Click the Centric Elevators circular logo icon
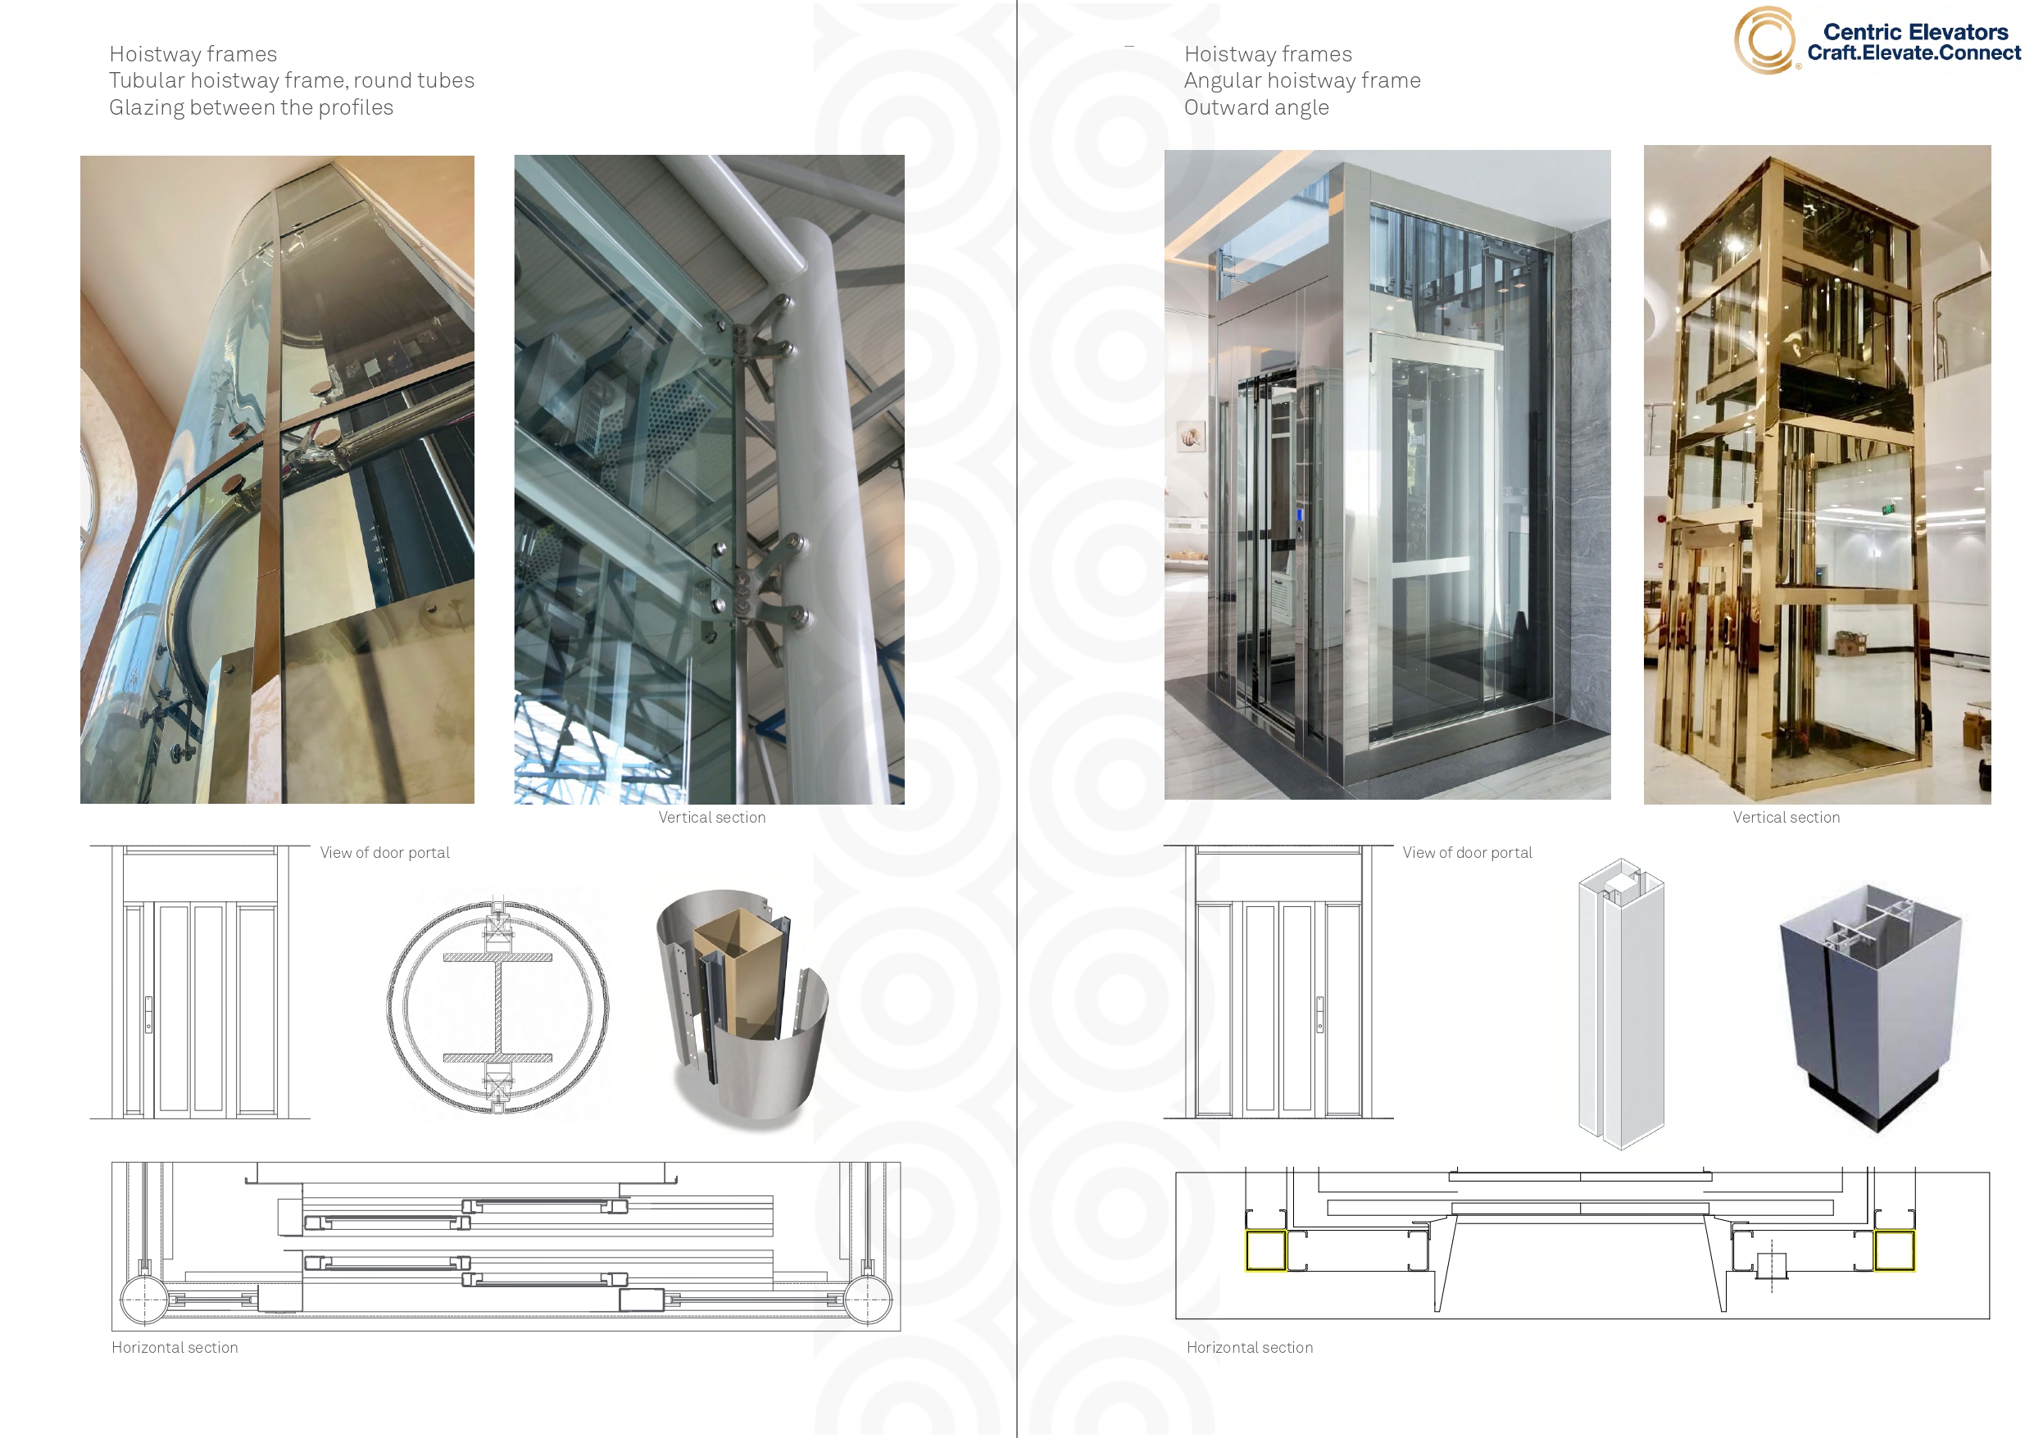[1764, 41]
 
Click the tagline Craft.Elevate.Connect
[1914, 53]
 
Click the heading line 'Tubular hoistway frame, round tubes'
[292, 80]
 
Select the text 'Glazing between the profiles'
[251, 107]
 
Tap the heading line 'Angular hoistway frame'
[1302, 80]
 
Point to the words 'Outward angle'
[1256, 107]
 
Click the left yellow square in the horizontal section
[1265, 1250]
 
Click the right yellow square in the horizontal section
[1894, 1250]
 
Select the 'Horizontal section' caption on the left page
[175, 1347]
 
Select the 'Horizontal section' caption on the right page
[1249, 1347]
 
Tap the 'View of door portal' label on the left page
[384, 852]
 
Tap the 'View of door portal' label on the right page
[1467, 852]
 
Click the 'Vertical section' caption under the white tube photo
[711, 817]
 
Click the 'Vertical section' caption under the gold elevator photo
[1786, 817]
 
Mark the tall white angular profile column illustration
[1621, 1003]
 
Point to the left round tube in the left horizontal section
[143, 1300]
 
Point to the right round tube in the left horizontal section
[868, 1300]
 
